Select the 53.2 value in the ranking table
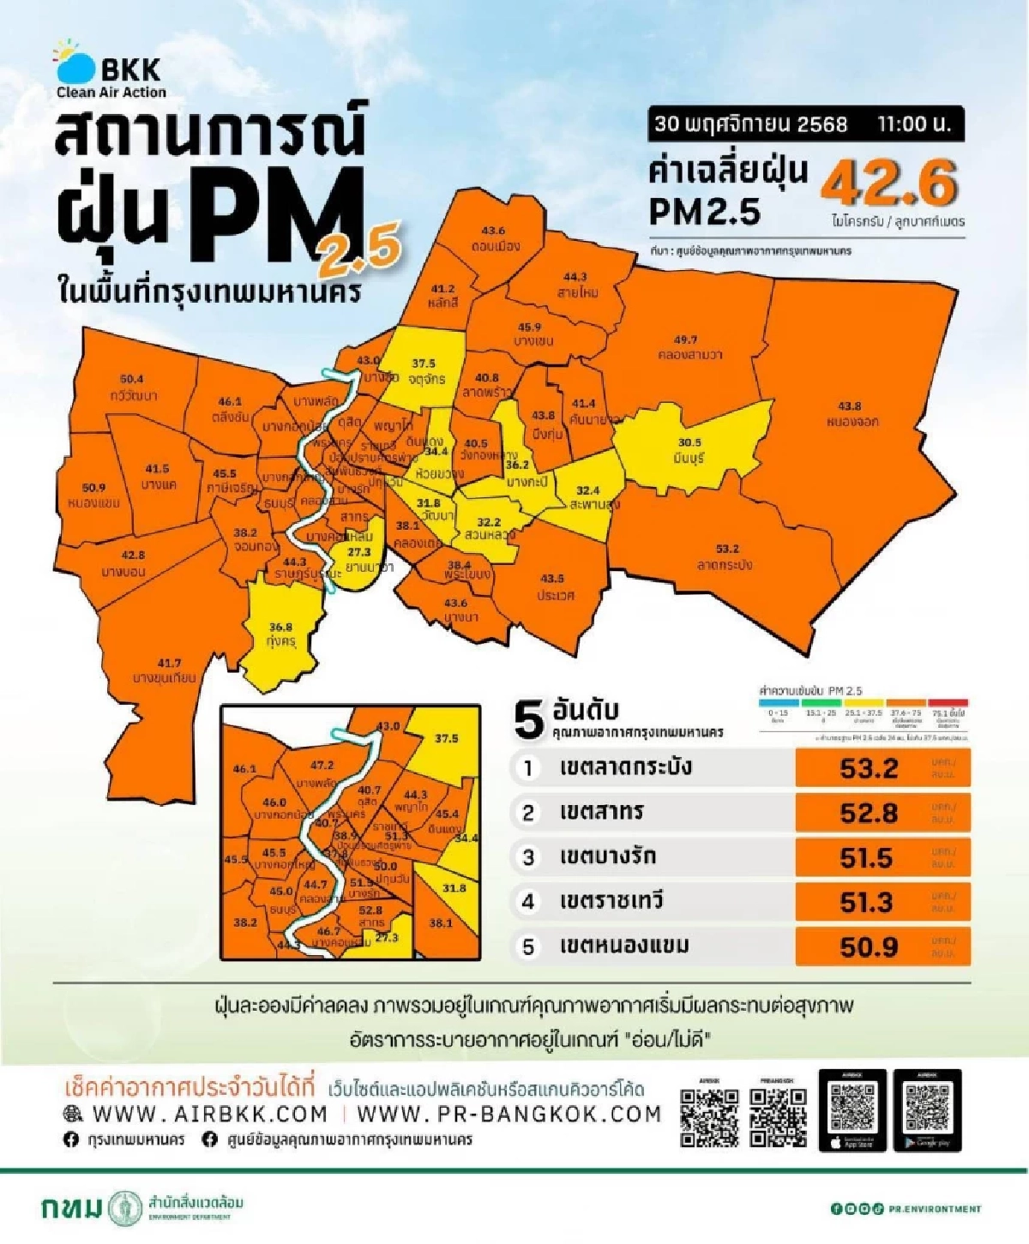click(x=869, y=768)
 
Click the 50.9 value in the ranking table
click(x=869, y=947)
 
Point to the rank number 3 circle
click(x=528, y=856)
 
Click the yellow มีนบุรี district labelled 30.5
click(x=690, y=451)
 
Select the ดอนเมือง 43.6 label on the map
click(x=494, y=238)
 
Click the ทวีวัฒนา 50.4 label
click(x=133, y=388)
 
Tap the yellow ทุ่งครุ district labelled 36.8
click(x=280, y=634)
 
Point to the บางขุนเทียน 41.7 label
click(x=167, y=670)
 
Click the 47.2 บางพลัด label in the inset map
click(x=322, y=773)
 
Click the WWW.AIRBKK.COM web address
click(x=209, y=1114)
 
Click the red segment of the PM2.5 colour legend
click(x=948, y=702)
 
